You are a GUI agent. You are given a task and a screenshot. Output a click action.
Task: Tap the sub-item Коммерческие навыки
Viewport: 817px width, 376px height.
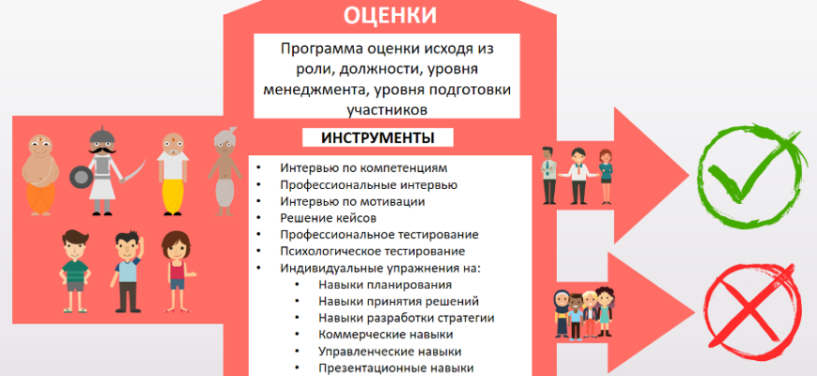coord(386,334)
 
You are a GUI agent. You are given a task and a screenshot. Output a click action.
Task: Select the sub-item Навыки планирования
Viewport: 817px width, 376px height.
coord(385,284)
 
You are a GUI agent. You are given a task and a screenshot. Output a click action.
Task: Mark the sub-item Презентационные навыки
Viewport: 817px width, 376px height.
coord(395,368)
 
